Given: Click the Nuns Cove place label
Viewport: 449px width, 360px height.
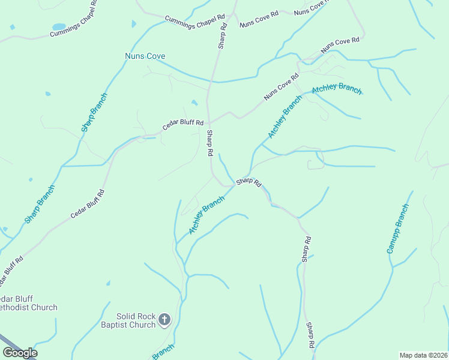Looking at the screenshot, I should [140, 56].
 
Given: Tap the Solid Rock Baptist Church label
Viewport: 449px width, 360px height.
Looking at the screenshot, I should [136, 320].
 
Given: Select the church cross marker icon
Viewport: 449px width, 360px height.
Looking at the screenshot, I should [165, 320].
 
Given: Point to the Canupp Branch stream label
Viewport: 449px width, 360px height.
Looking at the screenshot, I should [398, 229].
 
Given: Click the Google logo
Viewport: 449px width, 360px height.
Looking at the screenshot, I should [20, 353].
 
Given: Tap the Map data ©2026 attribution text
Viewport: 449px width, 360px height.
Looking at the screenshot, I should [423, 355].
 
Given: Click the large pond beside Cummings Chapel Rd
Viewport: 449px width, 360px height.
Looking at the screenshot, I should [58, 27].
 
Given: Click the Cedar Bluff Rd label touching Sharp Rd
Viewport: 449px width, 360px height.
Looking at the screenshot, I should [183, 125].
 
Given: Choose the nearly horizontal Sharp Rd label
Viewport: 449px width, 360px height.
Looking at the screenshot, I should [249, 181].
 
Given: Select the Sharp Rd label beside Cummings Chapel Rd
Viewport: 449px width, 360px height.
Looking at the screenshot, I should [222, 35].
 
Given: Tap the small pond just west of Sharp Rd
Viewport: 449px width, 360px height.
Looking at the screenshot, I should [194, 103].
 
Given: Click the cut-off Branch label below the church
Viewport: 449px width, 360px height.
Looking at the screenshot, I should [163, 352].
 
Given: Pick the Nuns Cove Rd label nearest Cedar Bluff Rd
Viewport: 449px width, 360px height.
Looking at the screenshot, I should [281, 87].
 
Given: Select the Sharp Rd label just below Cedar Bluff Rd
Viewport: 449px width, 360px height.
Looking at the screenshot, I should [210, 143].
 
